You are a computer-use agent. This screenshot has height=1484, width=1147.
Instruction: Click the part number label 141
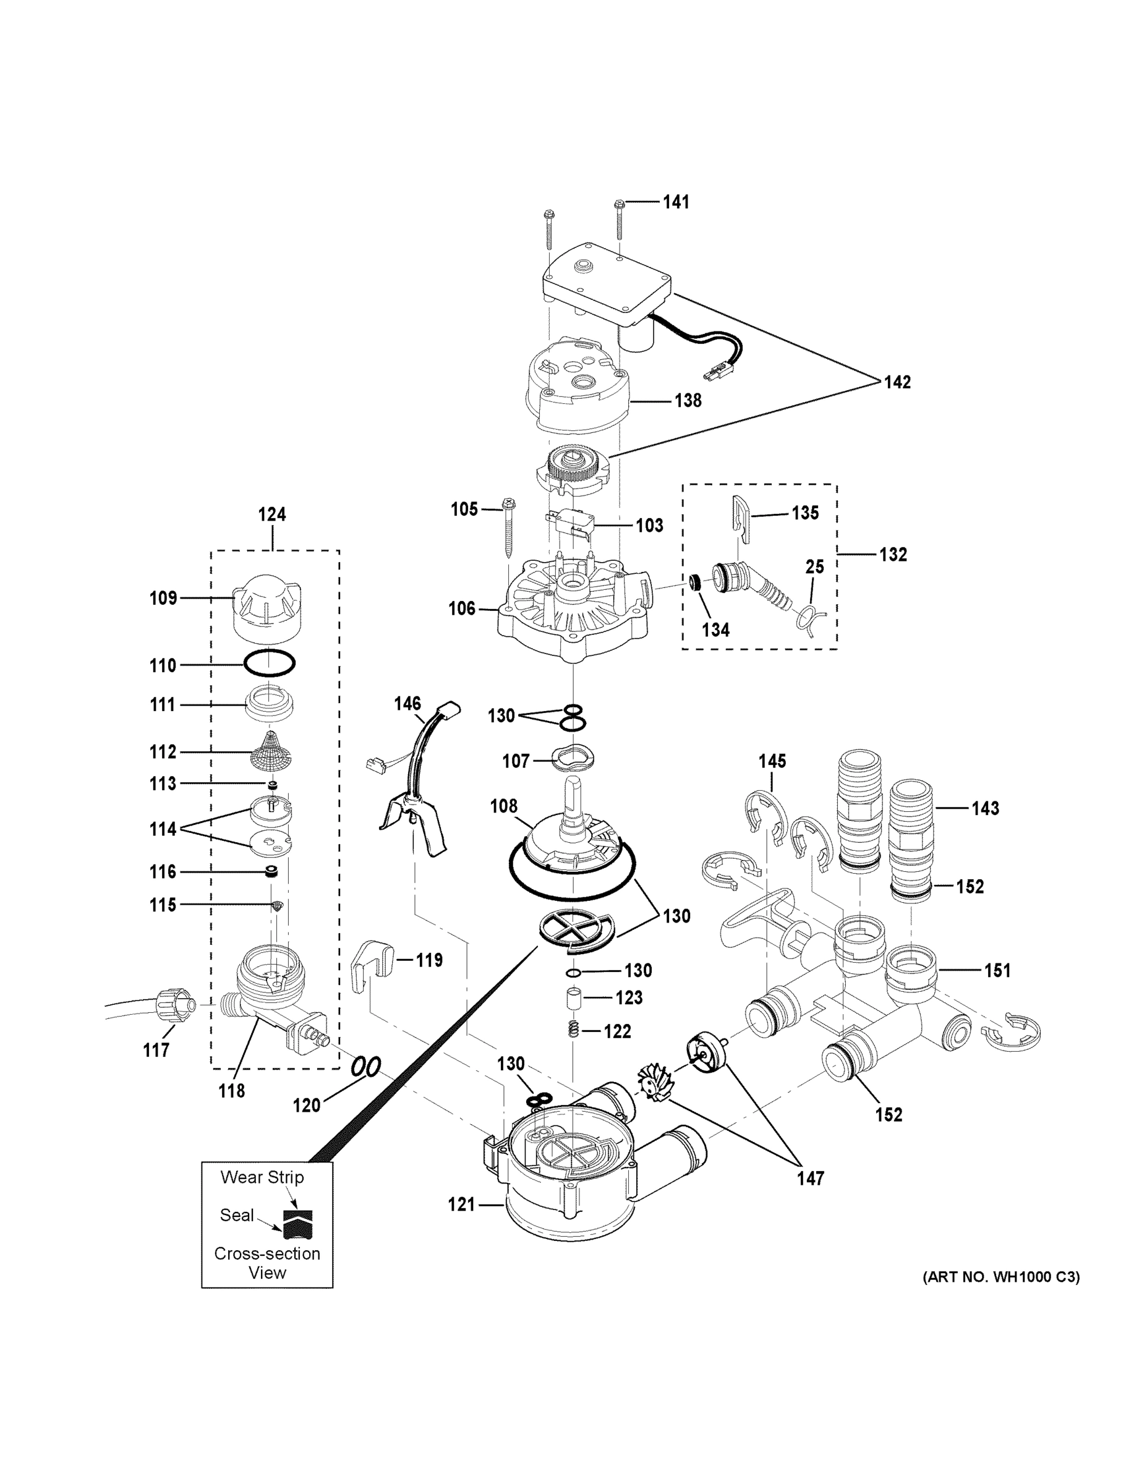[675, 202]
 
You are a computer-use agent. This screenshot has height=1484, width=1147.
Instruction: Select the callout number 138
[688, 400]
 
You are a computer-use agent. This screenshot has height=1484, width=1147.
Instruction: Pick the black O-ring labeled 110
[270, 664]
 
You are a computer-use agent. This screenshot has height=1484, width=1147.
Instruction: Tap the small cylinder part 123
[574, 999]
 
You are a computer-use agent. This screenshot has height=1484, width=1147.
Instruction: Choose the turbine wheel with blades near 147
[654, 1083]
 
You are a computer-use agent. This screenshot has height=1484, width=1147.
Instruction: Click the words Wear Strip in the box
[262, 1177]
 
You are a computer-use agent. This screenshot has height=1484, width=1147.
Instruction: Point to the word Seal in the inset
[236, 1214]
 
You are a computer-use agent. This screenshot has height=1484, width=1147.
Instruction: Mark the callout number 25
[815, 566]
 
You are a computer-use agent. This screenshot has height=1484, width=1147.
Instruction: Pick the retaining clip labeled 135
[740, 520]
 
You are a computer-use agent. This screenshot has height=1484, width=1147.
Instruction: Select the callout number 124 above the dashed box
[272, 514]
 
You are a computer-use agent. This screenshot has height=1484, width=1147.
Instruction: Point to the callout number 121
[461, 1205]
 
